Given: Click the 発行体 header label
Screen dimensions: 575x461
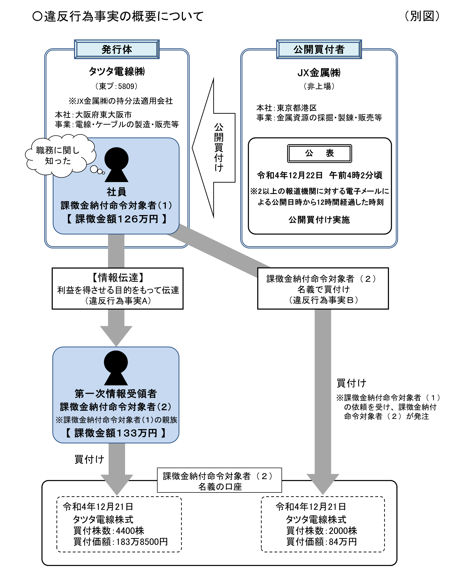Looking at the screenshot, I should point(117,49).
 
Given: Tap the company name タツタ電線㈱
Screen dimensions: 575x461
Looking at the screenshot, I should point(117,71).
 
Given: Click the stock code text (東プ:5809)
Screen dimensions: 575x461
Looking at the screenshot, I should point(117,86).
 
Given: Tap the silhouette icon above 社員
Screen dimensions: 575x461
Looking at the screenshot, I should point(116,164).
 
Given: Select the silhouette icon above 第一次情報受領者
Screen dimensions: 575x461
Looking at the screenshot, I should point(116,367).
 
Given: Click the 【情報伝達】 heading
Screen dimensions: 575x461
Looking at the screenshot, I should point(118,277).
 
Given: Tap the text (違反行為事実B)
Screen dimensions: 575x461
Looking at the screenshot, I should point(323,300).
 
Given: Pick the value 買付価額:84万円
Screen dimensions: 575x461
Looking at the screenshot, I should point(321,542).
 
